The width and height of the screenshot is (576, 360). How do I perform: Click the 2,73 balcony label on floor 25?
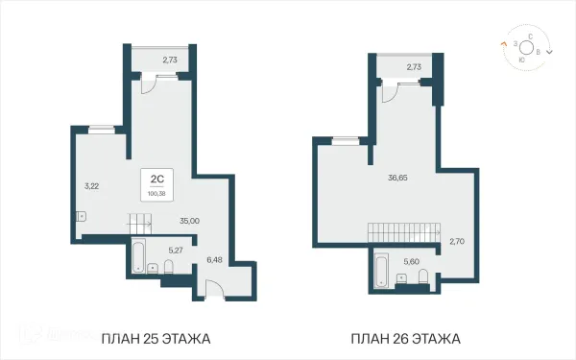point(170,60)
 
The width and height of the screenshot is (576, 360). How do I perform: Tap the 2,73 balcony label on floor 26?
point(414,67)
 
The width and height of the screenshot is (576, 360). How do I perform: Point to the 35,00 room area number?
point(189,220)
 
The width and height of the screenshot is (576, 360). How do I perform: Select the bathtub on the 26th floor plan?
point(378,270)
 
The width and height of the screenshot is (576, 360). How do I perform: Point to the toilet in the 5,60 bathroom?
point(422,277)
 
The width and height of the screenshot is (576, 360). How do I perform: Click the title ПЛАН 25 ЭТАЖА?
point(155,339)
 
